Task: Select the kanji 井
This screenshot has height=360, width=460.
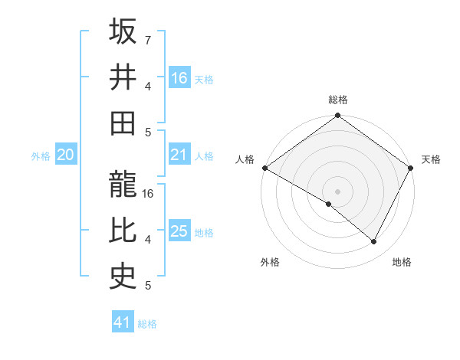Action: point(123,78)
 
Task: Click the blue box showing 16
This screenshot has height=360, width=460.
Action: point(179,77)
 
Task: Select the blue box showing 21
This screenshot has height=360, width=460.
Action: point(179,155)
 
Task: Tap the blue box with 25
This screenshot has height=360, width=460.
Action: point(179,231)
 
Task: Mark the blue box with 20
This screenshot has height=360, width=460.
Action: point(65,155)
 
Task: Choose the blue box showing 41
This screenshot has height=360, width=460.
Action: point(123,322)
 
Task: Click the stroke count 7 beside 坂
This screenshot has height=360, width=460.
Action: point(148,39)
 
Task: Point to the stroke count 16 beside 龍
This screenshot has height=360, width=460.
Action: point(149,194)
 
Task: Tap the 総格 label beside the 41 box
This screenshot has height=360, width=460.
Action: point(147,324)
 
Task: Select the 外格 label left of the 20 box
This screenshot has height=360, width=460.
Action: point(41,156)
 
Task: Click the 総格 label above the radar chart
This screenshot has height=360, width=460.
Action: point(337,100)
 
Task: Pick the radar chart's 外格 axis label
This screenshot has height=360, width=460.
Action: point(270,262)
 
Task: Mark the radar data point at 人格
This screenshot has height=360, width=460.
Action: point(264,168)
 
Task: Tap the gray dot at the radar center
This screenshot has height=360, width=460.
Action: point(337,191)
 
